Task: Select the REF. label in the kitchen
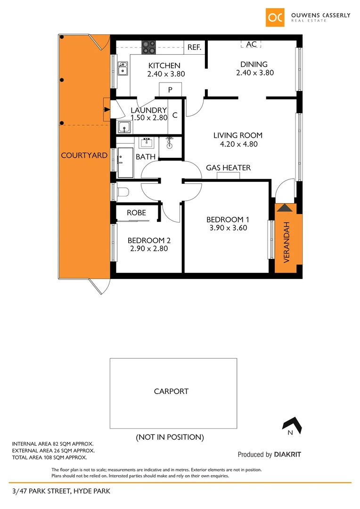coord(194,47)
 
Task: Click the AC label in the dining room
coord(252,44)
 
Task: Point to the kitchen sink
coord(123,69)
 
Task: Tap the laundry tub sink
coord(124,127)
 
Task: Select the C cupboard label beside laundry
coord(175,115)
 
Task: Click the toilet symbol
coord(124,192)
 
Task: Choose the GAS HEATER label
coord(228,168)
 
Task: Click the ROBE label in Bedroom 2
coord(136,213)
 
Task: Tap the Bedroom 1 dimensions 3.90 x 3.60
coord(228,228)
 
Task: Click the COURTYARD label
coord(84,155)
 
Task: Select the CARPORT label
coord(171,391)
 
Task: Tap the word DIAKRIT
coord(287,455)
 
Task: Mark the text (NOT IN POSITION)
coord(170,437)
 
